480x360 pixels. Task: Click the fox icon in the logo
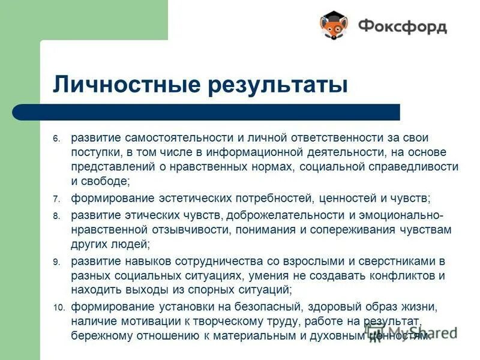pos(334,26)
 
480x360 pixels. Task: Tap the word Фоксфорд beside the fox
pos(403,26)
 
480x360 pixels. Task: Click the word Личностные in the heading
pos(120,84)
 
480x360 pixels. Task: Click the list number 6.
pos(56,139)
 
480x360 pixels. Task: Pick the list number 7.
pos(56,199)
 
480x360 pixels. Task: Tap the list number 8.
pos(56,215)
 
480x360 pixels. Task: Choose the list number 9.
pos(56,262)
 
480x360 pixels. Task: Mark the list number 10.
pos(58,308)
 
